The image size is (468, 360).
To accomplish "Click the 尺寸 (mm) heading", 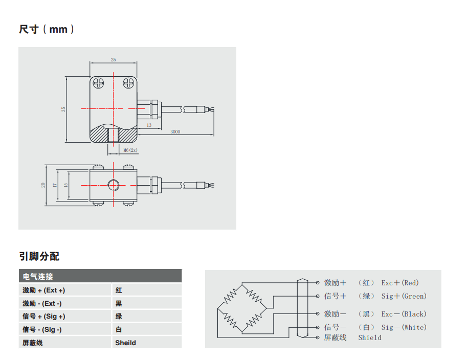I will pos(47,29).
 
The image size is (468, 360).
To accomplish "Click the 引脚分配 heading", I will pos(39,256).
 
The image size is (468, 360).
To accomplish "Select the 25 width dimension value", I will pos(113,60).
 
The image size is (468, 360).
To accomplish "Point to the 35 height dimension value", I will pos(63,109).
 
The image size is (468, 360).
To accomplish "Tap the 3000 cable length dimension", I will pos(175,131).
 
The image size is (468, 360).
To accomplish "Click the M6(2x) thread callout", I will pos(130,150).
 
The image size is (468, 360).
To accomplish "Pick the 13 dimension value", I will pos(149,125).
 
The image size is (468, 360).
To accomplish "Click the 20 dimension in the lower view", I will pos(43,185).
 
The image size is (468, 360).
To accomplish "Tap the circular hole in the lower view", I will pos(113,185).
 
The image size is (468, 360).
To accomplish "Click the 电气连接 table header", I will pos(38,276).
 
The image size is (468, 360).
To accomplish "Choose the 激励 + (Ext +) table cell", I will pos(43,290).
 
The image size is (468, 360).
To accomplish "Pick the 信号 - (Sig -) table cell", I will pos(42,329).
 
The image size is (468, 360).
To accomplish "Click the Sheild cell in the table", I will pos(125,343).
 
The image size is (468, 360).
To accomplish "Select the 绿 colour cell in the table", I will pos(119,317).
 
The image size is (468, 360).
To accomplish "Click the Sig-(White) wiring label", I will pos(404,327).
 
